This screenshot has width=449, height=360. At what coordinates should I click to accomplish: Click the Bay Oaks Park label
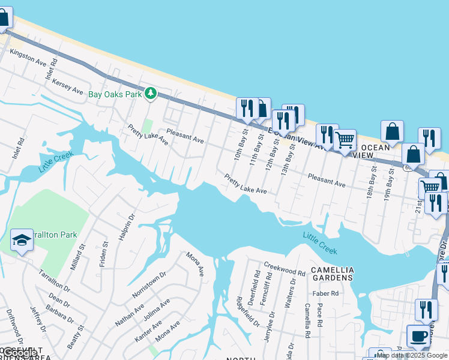(115, 94)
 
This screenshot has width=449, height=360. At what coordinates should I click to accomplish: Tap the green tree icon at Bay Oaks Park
(150, 94)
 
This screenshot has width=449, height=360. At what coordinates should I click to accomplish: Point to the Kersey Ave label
(67, 86)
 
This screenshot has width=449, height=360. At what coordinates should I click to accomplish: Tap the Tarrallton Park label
(55, 235)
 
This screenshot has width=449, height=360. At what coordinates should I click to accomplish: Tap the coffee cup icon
(418, 336)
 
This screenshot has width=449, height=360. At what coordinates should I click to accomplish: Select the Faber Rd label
(325, 293)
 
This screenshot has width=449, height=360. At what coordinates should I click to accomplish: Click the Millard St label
(79, 257)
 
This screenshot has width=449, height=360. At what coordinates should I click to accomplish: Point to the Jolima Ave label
(157, 310)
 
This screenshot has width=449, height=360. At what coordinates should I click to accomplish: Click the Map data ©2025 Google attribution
(412, 355)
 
